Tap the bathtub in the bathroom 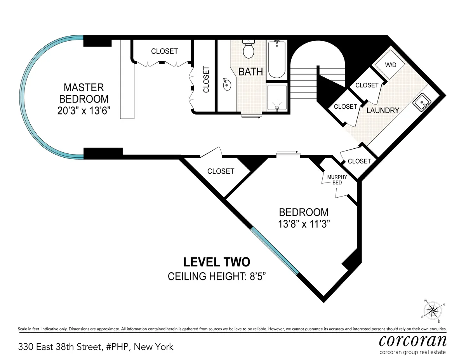point(276,60)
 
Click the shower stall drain point(276,109)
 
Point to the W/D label point(390,65)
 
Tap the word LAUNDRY point(383,110)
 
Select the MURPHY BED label point(337,179)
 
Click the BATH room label point(250,72)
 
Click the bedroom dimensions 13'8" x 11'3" point(304,224)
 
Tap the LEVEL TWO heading point(217,262)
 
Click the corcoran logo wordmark point(412,341)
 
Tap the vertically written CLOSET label point(206,80)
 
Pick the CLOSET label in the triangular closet point(221,171)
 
